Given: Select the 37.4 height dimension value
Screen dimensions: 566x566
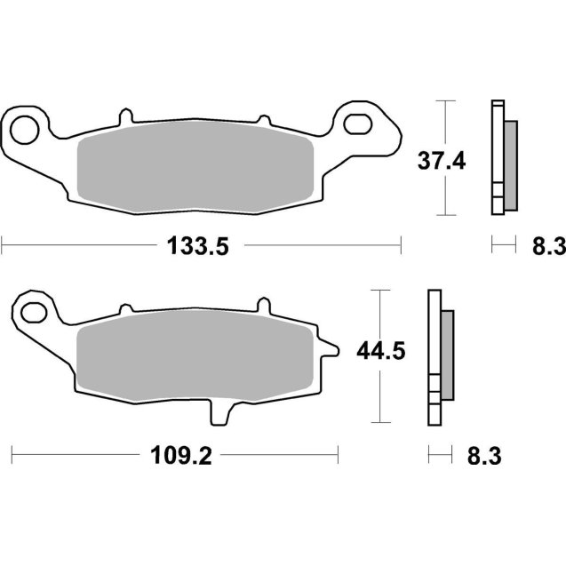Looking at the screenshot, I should click(x=442, y=162).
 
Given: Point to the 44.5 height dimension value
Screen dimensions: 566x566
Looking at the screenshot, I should click(x=380, y=352).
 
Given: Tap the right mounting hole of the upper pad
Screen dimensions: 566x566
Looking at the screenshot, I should click(x=360, y=121).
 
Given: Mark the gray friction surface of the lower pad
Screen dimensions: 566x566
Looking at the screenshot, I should click(x=195, y=355).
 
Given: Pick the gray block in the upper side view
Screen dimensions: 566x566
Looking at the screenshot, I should click(x=509, y=163).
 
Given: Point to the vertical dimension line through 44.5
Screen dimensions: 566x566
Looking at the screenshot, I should click(x=380, y=391).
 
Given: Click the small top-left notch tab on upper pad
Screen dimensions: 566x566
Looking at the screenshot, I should click(x=125, y=116).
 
